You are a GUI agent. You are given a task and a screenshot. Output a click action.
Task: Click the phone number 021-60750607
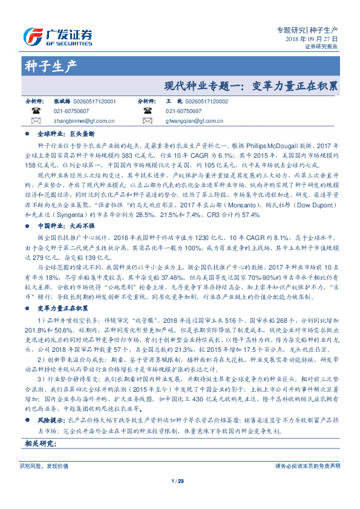pos(71,111)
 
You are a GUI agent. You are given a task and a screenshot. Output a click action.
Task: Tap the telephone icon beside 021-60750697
pos(146,111)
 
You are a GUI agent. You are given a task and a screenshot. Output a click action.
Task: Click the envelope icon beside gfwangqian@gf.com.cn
pos(146,121)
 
